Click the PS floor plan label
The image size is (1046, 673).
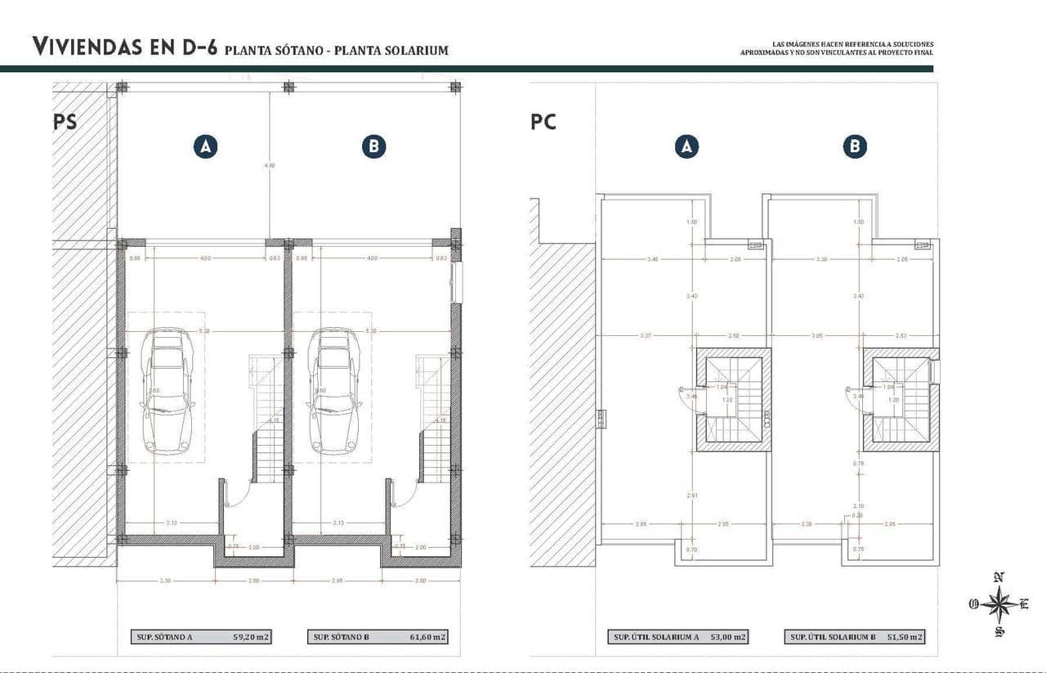(x=65, y=122)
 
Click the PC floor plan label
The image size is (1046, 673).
(x=543, y=122)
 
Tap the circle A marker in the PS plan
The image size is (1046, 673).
(x=205, y=146)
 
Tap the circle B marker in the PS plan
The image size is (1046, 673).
(x=373, y=146)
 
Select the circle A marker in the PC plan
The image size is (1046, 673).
(x=686, y=146)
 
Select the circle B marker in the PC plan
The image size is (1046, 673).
(x=855, y=146)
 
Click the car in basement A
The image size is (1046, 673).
(x=167, y=391)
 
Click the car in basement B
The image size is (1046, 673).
(x=334, y=391)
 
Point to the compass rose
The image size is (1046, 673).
(x=999, y=604)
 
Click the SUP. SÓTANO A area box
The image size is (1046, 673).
(x=204, y=637)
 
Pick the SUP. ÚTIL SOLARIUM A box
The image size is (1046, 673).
(x=677, y=637)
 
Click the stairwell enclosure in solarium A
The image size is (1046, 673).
(x=733, y=400)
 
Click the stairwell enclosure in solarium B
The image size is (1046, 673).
(x=901, y=400)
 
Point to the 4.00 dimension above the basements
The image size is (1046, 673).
(x=269, y=165)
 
